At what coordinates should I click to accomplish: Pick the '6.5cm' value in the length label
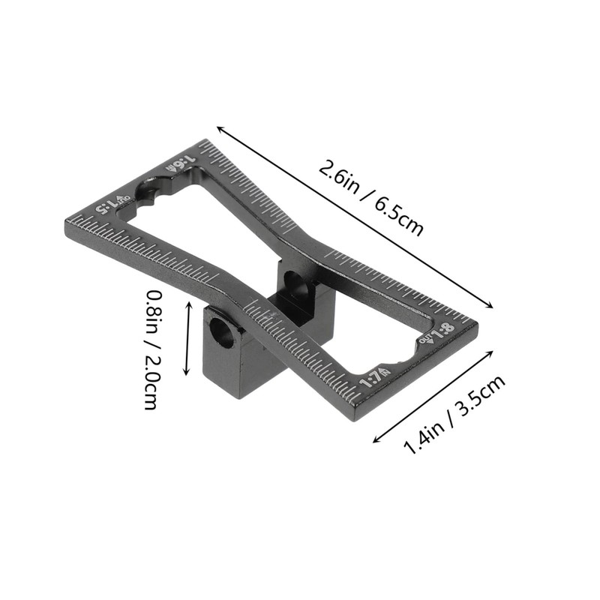click(395, 212)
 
